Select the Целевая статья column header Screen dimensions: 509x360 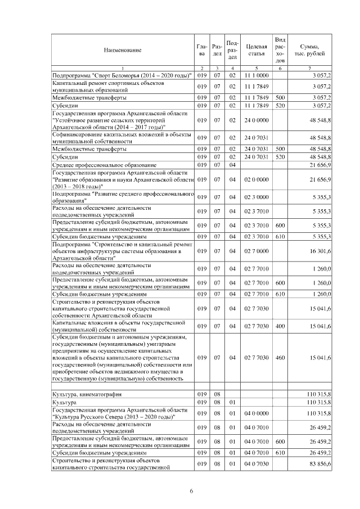click(x=256, y=51)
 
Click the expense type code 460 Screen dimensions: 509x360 click(x=280, y=358)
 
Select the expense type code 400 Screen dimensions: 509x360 click(x=280, y=326)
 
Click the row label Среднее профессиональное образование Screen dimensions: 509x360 click(x=98, y=164)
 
